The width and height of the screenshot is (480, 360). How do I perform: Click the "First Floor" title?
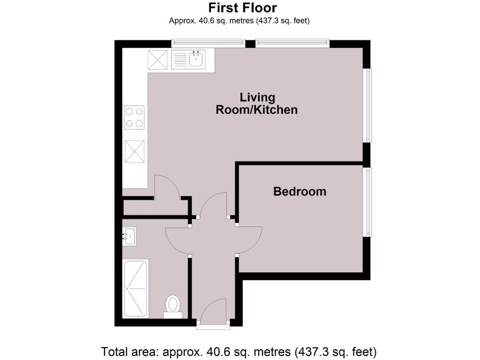242,8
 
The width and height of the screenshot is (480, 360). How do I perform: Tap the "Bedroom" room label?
300,191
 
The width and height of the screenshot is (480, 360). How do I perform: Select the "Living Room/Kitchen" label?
256,104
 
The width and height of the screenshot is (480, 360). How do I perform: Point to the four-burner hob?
135,118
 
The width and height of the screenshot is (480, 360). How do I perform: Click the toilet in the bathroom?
173,305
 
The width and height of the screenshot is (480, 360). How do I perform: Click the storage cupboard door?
167,187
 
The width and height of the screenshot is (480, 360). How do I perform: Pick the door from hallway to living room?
214,206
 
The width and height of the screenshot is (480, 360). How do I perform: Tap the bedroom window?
369,202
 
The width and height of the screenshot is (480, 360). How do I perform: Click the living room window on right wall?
369,105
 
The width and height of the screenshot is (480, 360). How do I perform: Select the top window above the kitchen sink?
208,44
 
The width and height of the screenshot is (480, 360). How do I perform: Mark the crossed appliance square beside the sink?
158,60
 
